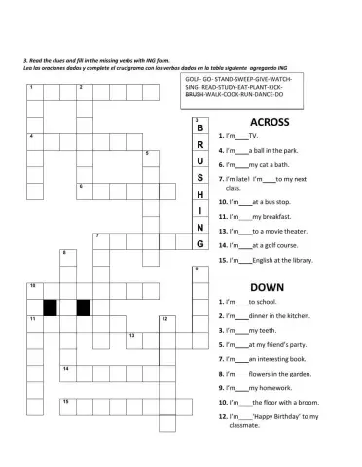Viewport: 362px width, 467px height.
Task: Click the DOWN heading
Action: click(x=266, y=287)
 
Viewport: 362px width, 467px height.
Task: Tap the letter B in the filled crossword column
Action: click(x=199, y=129)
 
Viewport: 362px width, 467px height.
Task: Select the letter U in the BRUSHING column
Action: click(x=199, y=162)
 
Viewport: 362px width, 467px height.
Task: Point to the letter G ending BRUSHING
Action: click(x=199, y=244)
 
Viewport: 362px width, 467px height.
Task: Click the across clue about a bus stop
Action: click(x=256, y=201)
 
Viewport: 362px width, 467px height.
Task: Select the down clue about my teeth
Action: click(x=248, y=331)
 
